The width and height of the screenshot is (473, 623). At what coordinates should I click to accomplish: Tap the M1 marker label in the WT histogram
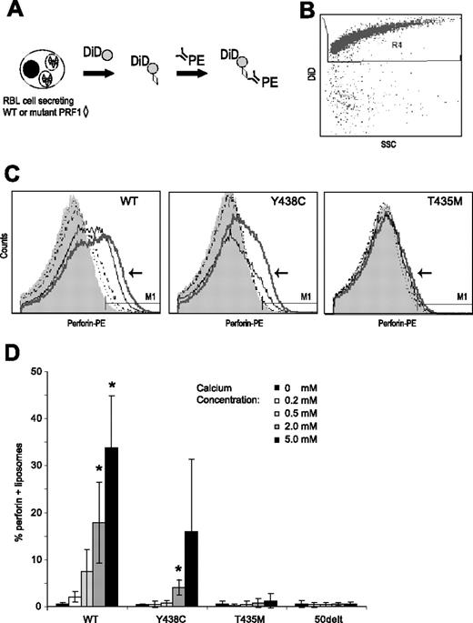pos(140,295)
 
